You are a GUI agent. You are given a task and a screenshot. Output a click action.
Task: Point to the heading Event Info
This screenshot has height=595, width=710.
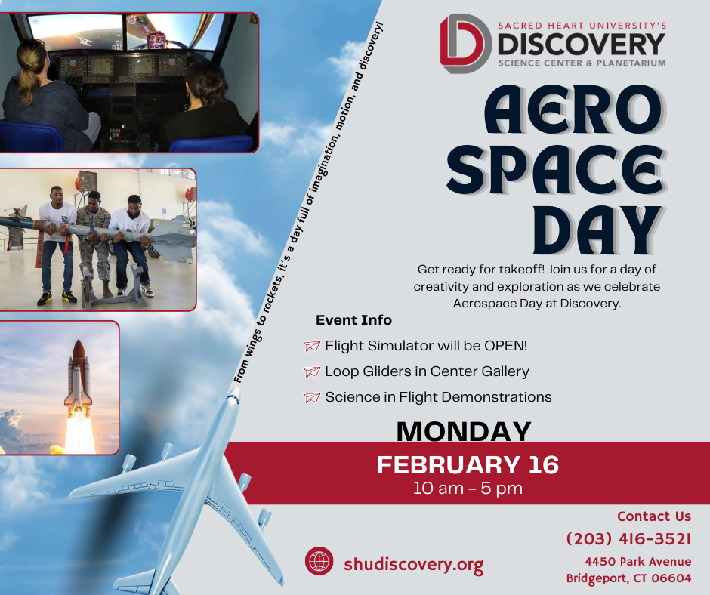pyautogui.click(x=353, y=320)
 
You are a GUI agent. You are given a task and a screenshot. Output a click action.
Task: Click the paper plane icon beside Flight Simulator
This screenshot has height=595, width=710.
pyautogui.click(x=311, y=346)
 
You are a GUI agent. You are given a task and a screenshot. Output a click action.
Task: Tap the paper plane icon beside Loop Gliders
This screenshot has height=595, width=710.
pyautogui.click(x=311, y=371)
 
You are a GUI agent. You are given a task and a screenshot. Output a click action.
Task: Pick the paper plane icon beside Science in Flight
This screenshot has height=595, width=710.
pyautogui.click(x=311, y=397)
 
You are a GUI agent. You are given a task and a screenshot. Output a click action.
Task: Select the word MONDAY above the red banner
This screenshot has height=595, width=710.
pyautogui.click(x=464, y=432)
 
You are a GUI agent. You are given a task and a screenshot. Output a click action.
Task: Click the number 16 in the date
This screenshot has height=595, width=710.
pyautogui.click(x=539, y=464)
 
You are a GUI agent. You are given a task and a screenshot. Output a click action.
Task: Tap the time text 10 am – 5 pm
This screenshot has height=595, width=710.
pyautogui.click(x=468, y=488)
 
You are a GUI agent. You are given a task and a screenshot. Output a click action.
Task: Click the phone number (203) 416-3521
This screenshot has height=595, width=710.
pyautogui.click(x=628, y=539)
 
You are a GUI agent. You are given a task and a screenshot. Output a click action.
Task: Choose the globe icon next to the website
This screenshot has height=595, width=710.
pyautogui.click(x=319, y=562)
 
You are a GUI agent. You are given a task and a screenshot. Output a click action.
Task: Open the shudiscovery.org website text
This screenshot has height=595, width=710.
pyautogui.click(x=413, y=564)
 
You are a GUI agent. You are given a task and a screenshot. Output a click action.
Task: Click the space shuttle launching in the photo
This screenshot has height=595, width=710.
pyautogui.click(x=79, y=378)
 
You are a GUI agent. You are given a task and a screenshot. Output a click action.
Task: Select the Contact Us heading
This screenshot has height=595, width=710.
pyautogui.click(x=653, y=516)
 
